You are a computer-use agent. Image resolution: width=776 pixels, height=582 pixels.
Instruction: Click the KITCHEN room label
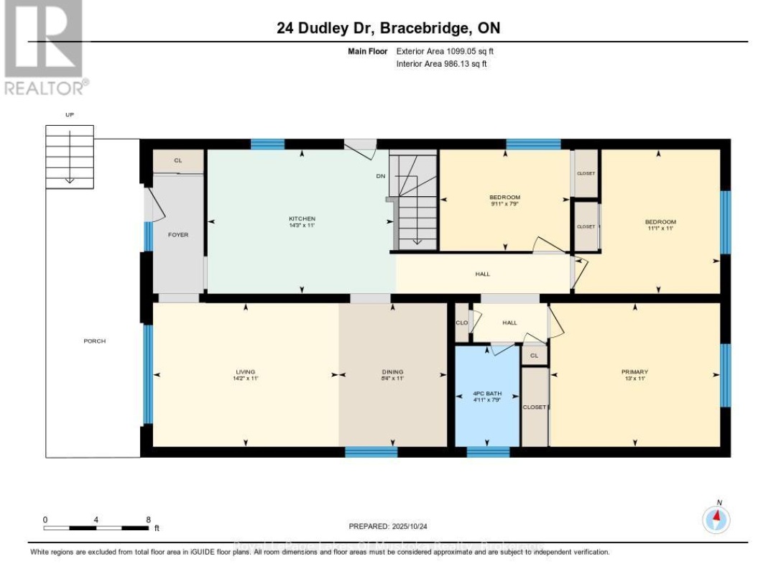click(302, 218)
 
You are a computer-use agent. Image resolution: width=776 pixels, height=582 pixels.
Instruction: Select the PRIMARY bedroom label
click(634, 371)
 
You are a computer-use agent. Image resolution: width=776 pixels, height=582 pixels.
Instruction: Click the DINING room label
click(392, 371)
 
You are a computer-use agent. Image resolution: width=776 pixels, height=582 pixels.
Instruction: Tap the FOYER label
click(177, 235)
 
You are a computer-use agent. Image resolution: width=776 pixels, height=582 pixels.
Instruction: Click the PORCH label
click(94, 341)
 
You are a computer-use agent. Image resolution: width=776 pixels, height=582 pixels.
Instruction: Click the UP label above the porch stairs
click(70, 115)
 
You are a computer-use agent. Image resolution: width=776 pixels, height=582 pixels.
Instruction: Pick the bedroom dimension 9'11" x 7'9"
click(504, 203)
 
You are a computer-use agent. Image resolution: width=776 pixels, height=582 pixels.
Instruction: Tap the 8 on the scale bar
click(148, 519)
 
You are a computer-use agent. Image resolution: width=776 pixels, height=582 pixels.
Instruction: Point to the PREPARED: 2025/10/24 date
click(387, 527)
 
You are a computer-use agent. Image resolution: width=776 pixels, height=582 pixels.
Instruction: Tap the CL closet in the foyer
click(178, 160)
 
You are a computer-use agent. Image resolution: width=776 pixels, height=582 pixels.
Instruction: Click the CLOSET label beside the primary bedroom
click(535, 407)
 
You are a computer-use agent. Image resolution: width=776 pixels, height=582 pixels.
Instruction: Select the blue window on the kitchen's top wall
click(267, 144)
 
